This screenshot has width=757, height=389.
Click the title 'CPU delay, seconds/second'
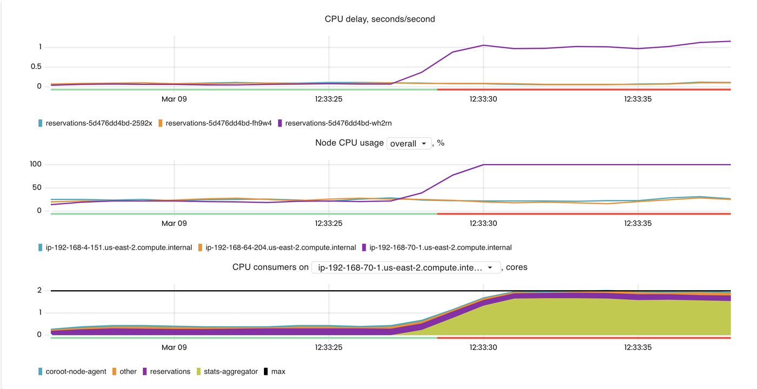380,19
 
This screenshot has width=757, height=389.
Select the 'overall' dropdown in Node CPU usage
409,144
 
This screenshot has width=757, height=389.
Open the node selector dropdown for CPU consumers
406,267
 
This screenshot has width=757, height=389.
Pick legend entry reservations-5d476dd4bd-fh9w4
218,123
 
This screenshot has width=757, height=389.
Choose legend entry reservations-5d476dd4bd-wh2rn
338,123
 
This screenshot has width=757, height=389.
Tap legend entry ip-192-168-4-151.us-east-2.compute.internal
118,247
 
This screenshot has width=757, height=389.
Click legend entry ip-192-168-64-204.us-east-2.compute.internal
280,247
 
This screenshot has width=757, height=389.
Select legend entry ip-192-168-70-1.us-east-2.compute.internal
440,247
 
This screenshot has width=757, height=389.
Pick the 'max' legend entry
278,372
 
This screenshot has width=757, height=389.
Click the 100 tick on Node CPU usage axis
36,164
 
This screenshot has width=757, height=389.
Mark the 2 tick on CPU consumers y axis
39,290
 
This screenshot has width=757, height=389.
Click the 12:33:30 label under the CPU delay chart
483,99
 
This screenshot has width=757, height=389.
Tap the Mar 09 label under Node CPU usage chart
174,223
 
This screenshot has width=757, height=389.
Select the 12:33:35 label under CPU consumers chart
638,347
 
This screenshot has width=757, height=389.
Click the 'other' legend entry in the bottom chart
128,372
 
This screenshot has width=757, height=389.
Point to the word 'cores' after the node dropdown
516,267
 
